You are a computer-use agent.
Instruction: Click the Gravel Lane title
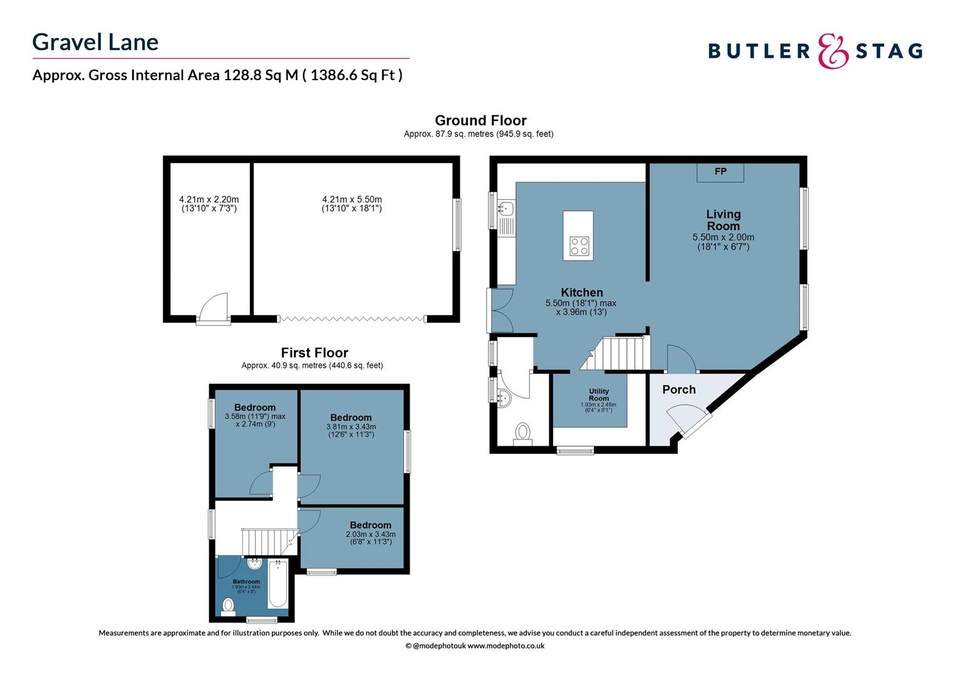[x=95, y=42]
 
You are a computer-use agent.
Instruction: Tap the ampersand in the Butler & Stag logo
[x=834, y=51]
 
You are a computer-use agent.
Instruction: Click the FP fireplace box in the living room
[x=720, y=172]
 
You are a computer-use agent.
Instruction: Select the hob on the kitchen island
[x=578, y=246]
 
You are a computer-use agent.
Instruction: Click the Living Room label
[x=723, y=220]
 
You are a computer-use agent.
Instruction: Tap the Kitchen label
[x=582, y=293]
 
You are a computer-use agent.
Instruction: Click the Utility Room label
[x=599, y=395]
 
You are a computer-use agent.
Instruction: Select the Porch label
[x=679, y=389]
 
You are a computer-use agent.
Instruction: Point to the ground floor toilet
[x=522, y=433]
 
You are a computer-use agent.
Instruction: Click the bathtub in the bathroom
[x=277, y=584]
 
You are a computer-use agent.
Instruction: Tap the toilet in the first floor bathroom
[x=229, y=606]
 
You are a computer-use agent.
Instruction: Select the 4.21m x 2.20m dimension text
[x=209, y=204]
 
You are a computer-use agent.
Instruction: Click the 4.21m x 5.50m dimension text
[x=352, y=204]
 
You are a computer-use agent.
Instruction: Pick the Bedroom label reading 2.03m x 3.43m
[x=371, y=525]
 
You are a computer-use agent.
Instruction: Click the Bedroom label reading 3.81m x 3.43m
[x=351, y=417]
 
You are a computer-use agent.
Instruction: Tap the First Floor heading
[x=314, y=353]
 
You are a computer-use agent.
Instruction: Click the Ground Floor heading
[x=480, y=120]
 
